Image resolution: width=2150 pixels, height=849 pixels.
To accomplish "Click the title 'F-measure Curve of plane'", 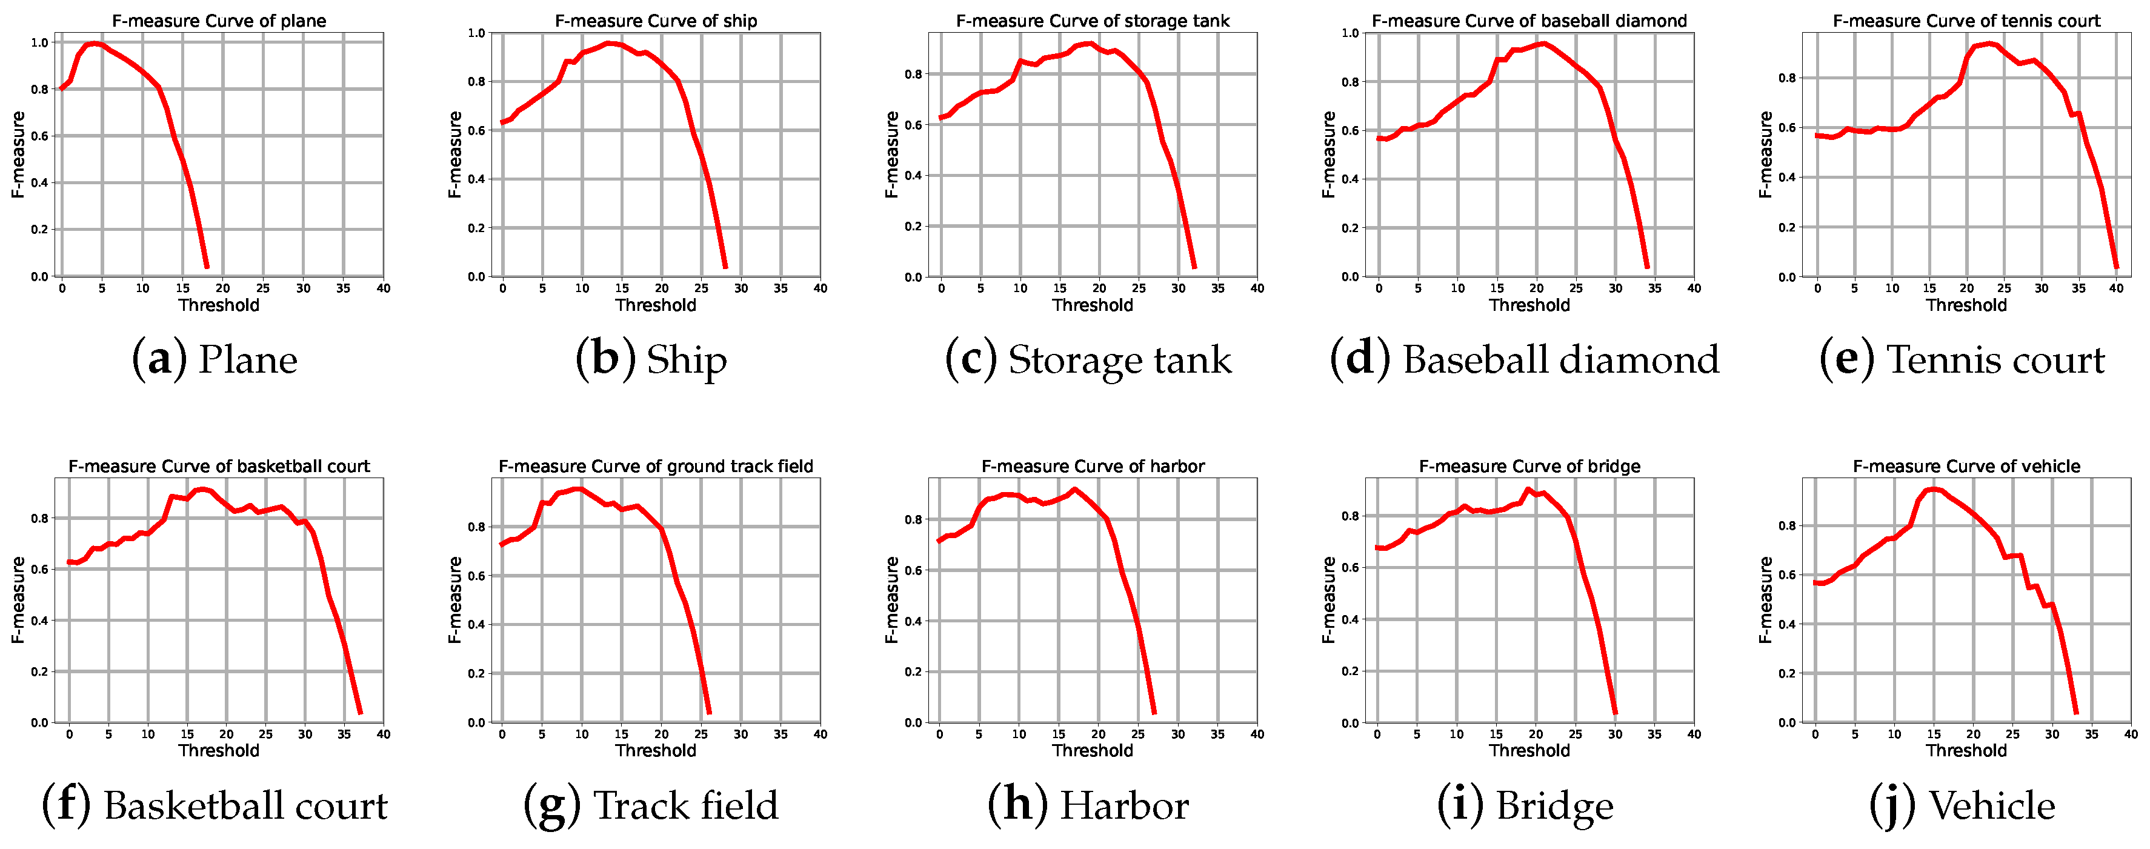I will (219, 21).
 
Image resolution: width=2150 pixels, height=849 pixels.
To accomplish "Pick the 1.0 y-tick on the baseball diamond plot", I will (1350, 33).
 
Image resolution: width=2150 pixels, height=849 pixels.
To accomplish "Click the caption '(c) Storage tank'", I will (1088, 360).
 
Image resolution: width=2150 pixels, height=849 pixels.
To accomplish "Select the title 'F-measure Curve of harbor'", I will (1093, 467).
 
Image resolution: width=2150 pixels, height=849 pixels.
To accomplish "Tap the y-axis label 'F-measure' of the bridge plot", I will (1329, 600).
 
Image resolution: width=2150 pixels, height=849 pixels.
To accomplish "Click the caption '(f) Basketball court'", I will (215, 805).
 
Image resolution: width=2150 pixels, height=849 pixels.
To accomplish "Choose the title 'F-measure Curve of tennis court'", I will (1966, 21).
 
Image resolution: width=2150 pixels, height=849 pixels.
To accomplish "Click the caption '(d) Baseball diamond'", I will (1524, 360).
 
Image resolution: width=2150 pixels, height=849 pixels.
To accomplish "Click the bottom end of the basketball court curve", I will (360, 712).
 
